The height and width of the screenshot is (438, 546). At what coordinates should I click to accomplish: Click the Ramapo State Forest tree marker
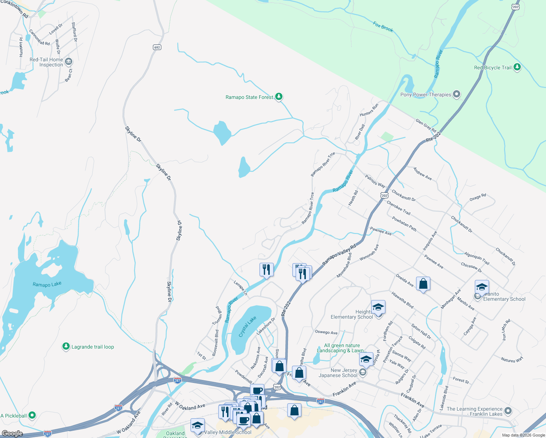tap(279, 97)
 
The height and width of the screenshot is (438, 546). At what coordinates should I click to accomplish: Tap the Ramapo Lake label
tap(47, 284)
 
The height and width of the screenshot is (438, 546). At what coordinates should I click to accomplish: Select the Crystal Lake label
tap(247, 326)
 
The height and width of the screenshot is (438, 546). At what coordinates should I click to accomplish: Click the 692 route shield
tap(157, 47)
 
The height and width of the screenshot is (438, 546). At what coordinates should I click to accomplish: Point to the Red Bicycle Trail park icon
tap(517, 67)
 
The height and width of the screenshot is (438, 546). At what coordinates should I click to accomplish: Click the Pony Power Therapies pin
tap(457, 95)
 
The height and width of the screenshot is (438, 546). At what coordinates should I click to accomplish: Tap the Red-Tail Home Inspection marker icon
tap(68, 62)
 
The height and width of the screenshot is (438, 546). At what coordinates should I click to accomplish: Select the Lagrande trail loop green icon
tap(66, 346)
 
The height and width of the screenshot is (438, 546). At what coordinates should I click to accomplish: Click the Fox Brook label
tap(383, 27)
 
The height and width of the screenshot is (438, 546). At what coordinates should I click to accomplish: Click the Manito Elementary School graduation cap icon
tap(482, 287)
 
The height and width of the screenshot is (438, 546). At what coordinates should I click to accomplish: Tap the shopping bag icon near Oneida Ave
tap(423, 284)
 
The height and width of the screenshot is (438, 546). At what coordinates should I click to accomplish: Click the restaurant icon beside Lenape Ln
tap(266, 270)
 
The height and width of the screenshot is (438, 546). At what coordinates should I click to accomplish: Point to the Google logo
tap(12, 433)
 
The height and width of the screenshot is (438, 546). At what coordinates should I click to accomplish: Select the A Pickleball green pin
tap(32, 415)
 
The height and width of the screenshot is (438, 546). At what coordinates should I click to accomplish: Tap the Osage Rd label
tap(478, 197)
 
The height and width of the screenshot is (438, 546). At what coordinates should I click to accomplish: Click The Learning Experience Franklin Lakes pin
tap(508, 411)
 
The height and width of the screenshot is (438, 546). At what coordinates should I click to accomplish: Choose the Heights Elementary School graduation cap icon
tap(378, 307)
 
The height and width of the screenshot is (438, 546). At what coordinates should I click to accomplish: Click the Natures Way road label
tap(512, 360)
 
